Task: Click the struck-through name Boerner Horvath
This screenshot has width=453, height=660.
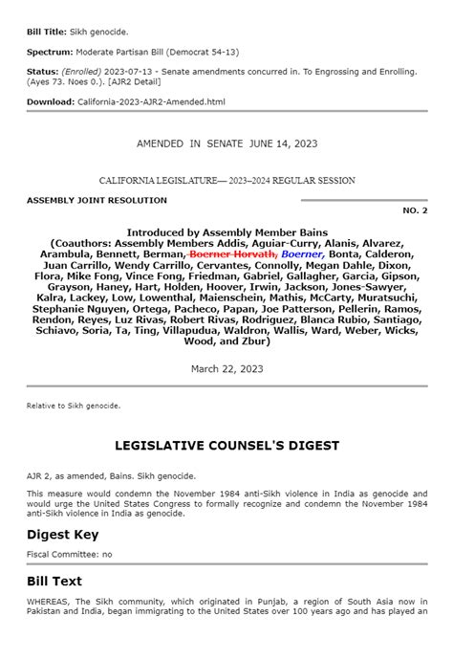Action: (x=233, y=254)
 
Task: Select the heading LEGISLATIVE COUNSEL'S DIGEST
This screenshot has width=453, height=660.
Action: (x=226, y=446)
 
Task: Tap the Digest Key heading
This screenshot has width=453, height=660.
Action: (x=62, y=534)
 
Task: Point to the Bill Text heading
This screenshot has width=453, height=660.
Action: (x=54, y=581)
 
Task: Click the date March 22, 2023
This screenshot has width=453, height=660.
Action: (x=226, y=367)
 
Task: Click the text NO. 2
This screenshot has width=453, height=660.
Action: (x=415, y=209)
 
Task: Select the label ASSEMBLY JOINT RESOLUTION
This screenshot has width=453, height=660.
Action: (x=97, y=200)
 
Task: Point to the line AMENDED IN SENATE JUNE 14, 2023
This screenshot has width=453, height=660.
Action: (x=226, y=143)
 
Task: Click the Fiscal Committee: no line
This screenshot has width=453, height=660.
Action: (x=69, y=554)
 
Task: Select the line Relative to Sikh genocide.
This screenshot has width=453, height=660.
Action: (x=74, y=405)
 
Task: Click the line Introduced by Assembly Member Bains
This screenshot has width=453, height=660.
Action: (x=226, y=232)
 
